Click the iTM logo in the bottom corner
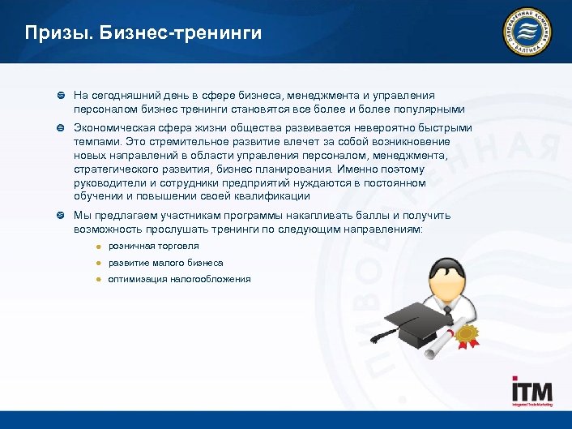click(530, 393)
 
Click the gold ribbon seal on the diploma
click(465, 332)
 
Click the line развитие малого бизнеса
click(165, 263)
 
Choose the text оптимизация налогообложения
click(179, 279)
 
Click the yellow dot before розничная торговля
click(96, 247)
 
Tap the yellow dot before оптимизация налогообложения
click(96, 279)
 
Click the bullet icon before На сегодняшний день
click(60, 97)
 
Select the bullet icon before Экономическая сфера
click(60, 128)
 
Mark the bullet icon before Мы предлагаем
click(60, 216)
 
